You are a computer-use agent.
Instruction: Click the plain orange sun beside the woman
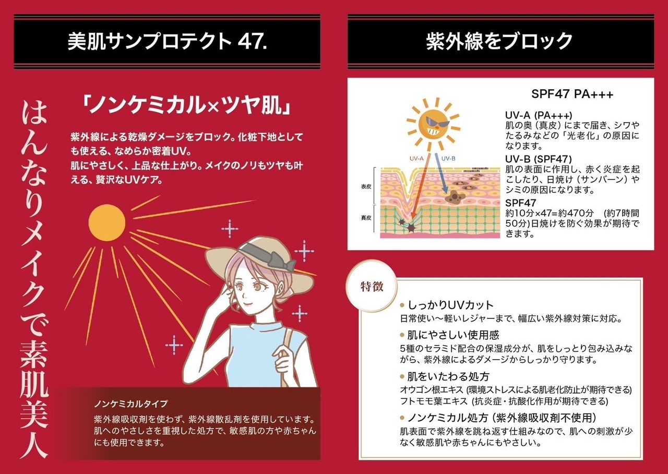[107, 223]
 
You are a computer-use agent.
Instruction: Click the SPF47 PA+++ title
[572, 94]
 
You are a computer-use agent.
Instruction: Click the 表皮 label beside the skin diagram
[366, 186]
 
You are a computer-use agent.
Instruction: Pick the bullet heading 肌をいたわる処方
[447, 376]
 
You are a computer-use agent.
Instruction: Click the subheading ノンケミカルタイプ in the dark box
[132, 404]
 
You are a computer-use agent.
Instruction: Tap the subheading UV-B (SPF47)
[538, 158]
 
